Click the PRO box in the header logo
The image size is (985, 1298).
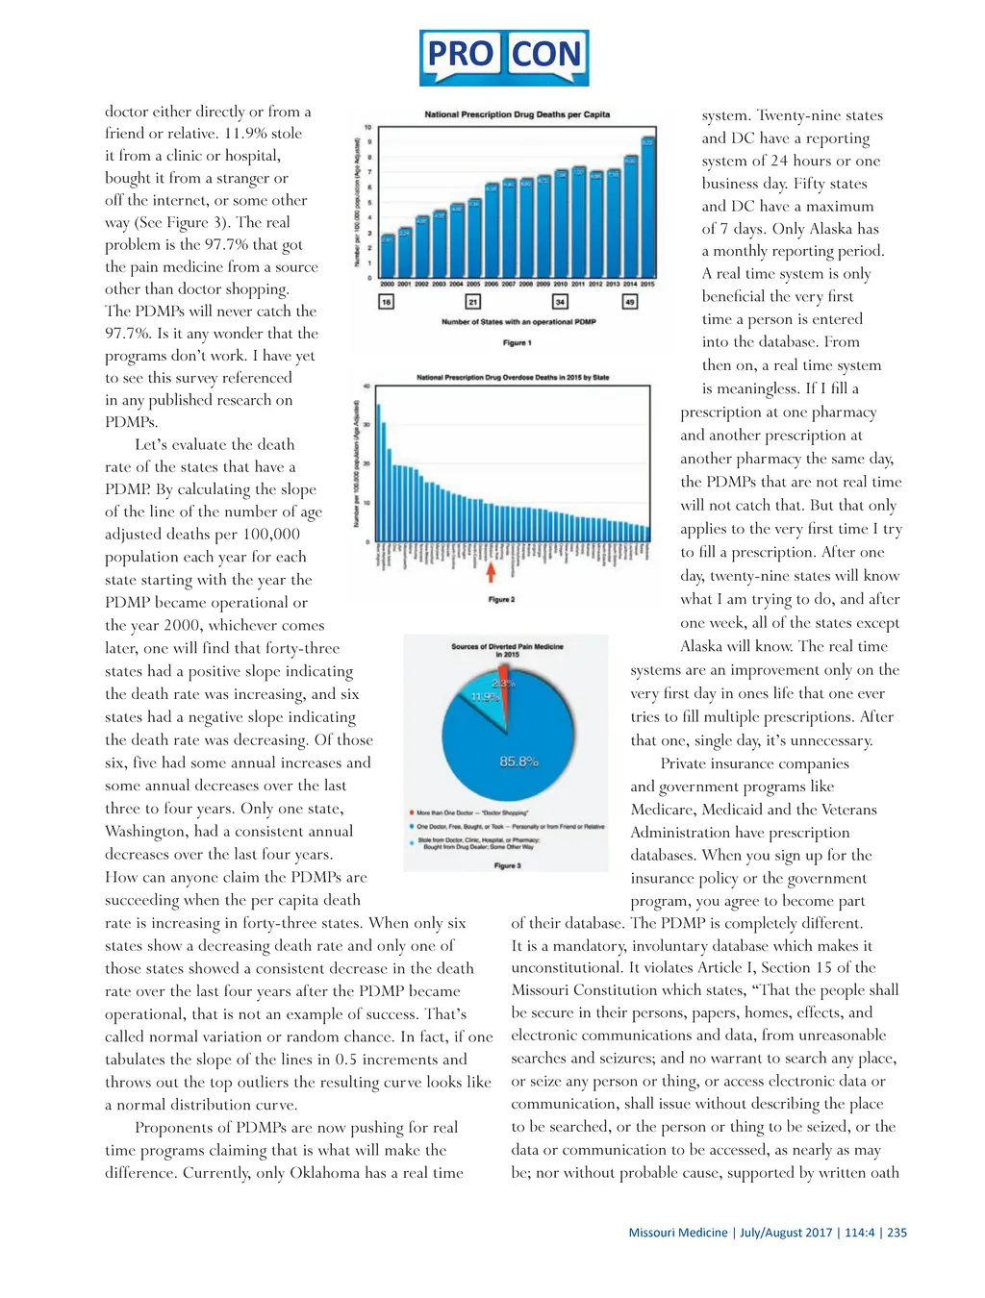pyautogui.click(x=461, y=56)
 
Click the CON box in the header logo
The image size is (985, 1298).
pyautogui.click(x=546, y=56)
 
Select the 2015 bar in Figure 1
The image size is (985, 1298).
pyautogui.click(x=647, y=207)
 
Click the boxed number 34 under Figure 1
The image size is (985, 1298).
pyautogui.click(x=560, y=302)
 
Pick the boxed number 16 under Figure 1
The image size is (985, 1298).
pyautogui.click(x=386, y=302)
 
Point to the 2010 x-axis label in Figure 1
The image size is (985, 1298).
pyautogui.click(x=561, y=285)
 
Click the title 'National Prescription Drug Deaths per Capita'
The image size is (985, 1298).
pyautogui.click(x=517, y=114)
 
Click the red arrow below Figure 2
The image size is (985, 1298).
pyautogui.click(x=491, y=573)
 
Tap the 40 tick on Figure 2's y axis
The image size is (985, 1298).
pyautogui.click(x=366, y=387)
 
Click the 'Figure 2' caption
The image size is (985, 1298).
pyautogui.click(x=501, y=600)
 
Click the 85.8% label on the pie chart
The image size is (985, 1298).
pyautogui.click(x=518, y=761)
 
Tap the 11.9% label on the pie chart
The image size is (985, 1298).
pyautogui.click(x=485, y=697)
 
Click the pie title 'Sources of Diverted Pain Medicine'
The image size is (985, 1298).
pyautogui.click(x=507, y=647)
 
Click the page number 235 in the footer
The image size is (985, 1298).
pyautogui.click(x=897, y=1233)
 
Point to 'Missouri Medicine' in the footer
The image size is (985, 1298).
pyautogui.click(x=678, y=1233)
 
